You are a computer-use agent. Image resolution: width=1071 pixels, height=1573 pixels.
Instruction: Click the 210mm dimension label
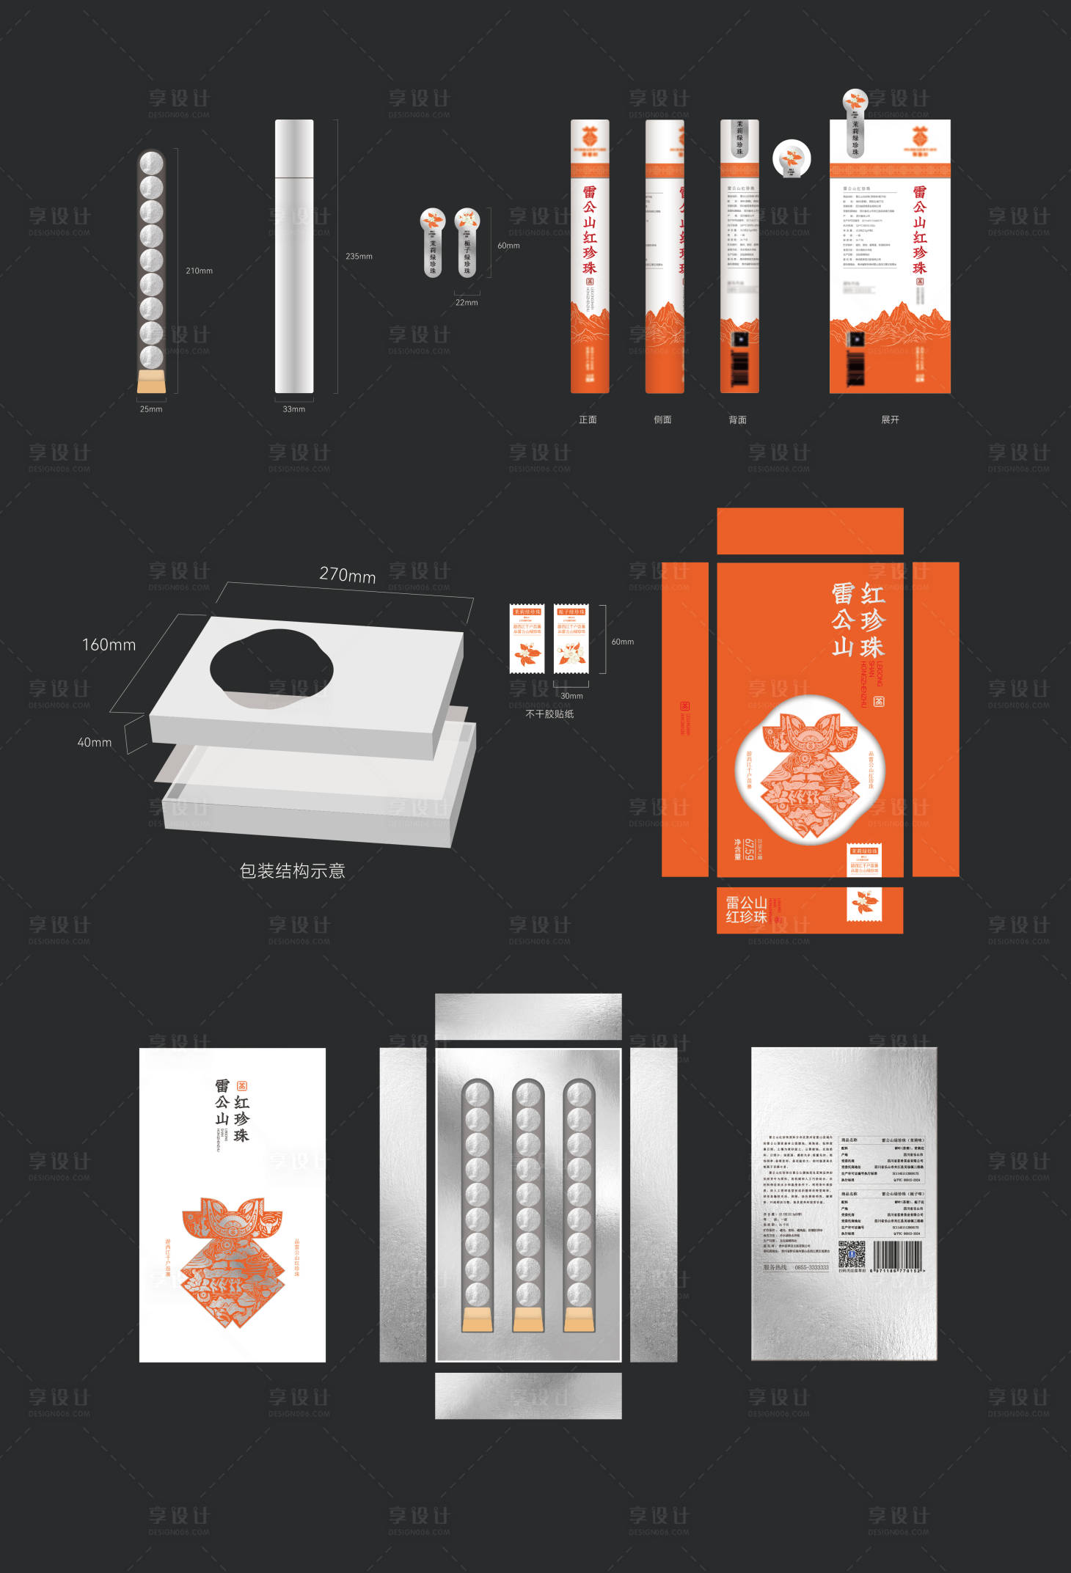coord(199,271)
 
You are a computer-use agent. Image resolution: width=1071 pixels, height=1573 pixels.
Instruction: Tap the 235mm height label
coord(359,256)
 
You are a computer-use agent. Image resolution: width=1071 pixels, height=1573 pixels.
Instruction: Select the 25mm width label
coord(151,409)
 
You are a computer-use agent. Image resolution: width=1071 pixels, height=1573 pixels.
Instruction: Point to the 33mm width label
coord(293,409)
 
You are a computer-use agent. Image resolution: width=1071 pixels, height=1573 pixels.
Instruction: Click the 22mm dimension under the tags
coord(467,302)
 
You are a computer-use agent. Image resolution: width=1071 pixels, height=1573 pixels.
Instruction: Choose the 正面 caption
coord(588,419)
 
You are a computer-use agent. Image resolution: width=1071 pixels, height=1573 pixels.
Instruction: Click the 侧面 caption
coord(662,419)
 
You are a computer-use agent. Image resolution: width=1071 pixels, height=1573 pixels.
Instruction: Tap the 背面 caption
coord(737,419)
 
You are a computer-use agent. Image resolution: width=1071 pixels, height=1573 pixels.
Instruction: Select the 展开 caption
coord(890,419)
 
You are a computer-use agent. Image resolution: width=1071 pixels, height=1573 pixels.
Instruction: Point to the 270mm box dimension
coord(347,575)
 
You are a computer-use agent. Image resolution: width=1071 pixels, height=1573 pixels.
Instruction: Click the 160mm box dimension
coord(109,645)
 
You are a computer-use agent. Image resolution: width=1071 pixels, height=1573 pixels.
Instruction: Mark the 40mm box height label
coord(95,742)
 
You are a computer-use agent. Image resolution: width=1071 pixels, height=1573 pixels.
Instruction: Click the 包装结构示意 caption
coord(292,870)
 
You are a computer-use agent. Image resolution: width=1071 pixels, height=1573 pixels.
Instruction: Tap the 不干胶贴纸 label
coord(549,714)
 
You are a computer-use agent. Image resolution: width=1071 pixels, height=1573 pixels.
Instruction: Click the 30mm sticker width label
coord(571,696)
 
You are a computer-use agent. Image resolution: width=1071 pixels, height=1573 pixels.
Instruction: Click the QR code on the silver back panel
coord(852,1254)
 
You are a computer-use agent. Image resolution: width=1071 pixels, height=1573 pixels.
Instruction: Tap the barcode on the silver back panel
coord(897,1254)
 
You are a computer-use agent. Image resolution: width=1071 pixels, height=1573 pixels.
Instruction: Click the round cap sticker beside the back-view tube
coord(791,158)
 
